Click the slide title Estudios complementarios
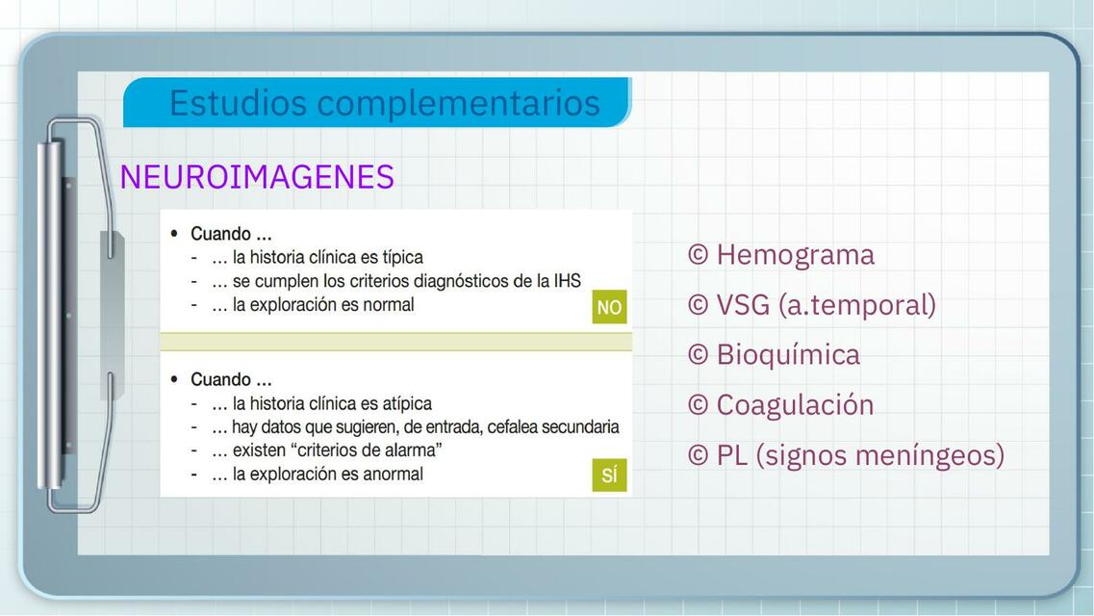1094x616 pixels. pos(384,102)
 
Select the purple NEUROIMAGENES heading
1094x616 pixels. pos(257,177)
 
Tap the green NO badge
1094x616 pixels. pos(609,307)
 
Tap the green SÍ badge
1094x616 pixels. pos(609,475)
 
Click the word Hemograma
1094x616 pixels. pos(795,255)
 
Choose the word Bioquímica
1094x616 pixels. pos(788,354)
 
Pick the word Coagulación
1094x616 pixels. pos(795,404)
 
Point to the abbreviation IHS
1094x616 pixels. pos(567,281)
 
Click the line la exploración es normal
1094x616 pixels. pos(322,305)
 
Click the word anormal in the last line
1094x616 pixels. pos(392,474)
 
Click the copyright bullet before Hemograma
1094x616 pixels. pos(699,255)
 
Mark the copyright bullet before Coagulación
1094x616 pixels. pos(699,404)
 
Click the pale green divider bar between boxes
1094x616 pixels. pos(395,342)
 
